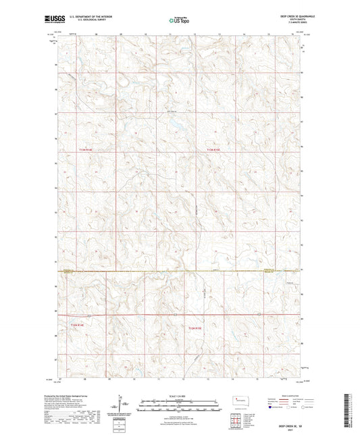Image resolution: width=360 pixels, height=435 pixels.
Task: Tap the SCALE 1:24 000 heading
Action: pos(179,395)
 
